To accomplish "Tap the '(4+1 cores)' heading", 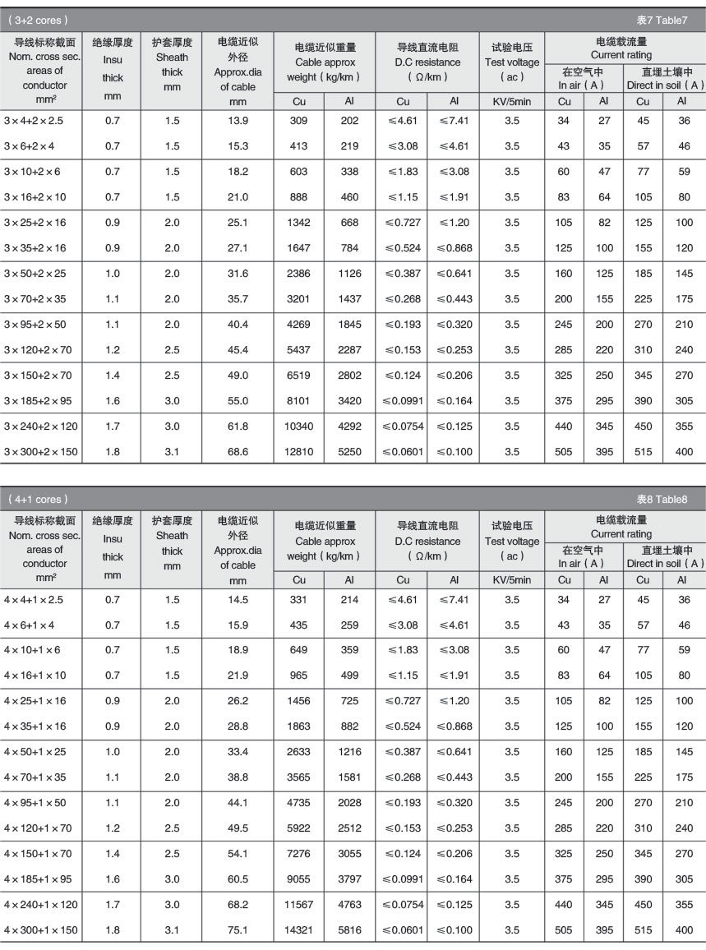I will point(39,500).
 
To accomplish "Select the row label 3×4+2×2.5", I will point(34,121).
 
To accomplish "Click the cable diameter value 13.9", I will point(238,121).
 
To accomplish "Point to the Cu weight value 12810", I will point(299,452).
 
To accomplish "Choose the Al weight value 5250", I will point(349,452).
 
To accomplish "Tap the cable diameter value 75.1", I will point(238,930).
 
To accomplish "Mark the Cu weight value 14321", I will point(299,930).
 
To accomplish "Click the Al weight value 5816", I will point(349,930).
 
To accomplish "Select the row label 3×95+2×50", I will point(37,325).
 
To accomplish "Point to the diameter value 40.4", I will point(238,325).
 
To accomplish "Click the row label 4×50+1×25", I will point(37,752).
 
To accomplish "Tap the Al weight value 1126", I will point(349,274).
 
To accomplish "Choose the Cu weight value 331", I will point(299,600).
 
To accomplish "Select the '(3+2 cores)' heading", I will point(39,20).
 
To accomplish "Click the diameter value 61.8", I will point(238,427).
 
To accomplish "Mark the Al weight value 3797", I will point(349,879).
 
